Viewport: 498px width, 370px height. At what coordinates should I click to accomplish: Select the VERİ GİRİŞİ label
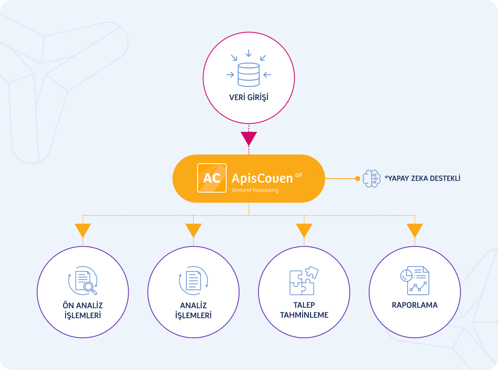[249, 98]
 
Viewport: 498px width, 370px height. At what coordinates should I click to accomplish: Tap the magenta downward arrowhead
[249, 138]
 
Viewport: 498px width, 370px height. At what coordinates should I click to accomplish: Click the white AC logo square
[212, 178]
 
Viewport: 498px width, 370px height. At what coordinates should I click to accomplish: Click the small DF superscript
[298, 176]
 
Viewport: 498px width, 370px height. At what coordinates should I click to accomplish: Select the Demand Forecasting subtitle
[255, 190]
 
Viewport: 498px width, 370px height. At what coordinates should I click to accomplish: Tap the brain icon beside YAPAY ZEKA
[371, 179]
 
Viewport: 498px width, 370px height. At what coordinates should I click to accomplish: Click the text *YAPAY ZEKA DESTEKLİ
[422, 179]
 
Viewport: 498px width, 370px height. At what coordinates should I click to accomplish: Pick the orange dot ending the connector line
[357, 179]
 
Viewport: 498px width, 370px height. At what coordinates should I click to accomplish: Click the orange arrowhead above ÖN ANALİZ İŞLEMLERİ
[83, 230]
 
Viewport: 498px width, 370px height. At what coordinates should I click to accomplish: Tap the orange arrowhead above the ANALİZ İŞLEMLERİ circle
[193, 230]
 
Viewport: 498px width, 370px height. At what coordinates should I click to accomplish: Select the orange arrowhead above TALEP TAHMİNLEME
[304, 230]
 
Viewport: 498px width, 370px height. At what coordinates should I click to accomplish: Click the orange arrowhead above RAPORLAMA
[415, 230]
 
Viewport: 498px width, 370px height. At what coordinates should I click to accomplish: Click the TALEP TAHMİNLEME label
[304, 310]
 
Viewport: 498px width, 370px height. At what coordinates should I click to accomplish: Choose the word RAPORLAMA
[415, 305]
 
